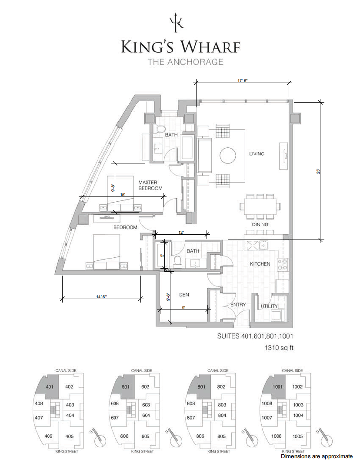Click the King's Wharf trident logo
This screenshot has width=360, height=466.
tap(176, 22)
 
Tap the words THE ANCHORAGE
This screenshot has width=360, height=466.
tap(186, 62)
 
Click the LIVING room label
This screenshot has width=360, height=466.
tap(257, 153)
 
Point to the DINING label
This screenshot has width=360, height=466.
tap(260, 224)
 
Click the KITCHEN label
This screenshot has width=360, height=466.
tap(260, 264)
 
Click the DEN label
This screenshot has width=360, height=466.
tap(184, 295)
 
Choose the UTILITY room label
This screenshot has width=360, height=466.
tap(269, 306)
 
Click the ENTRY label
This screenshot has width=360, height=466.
tap(238, 305)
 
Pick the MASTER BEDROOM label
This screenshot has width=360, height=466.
tap(150, 185)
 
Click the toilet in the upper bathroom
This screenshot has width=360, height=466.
tap(161, 130)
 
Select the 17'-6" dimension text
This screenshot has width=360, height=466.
tap(243, 80)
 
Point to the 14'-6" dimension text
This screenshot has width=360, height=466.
tap(101, 296)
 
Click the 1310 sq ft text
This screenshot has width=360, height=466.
tap(279, 347)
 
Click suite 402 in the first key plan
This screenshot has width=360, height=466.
tap(69, 386)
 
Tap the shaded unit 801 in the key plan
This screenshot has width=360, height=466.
tap(201, 387)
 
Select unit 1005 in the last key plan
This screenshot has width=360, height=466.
tap(297, 436)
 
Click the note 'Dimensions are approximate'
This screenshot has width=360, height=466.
tap(317, 456)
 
